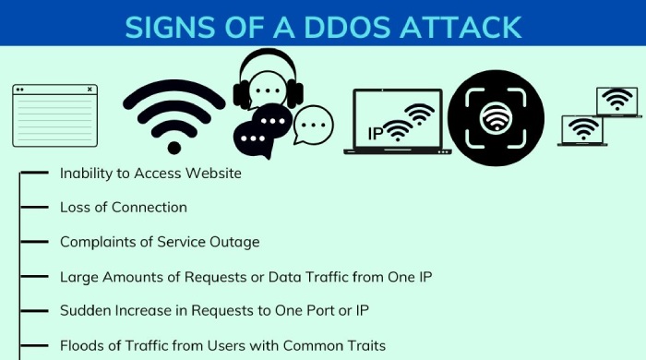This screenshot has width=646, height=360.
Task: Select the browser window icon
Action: click(54, 115)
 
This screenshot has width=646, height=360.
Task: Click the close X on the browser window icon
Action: click(90, 90)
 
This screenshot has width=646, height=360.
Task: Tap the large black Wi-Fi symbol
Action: click(174, 114)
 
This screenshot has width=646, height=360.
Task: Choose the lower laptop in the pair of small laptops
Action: click(582, 130)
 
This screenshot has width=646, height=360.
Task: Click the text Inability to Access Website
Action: click(150, 173)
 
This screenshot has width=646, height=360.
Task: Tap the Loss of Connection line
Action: click(124, 207)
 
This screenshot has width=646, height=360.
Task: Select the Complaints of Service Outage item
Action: click(160, 242)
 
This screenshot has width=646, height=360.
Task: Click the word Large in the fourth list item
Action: click(78, 276)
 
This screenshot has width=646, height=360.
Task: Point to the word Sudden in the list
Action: click(83, 311)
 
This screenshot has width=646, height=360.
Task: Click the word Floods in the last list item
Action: click(81, 345)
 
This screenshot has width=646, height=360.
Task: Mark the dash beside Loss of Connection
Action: click(34, 207)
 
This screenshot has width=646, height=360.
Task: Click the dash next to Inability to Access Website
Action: click(34, 173)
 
